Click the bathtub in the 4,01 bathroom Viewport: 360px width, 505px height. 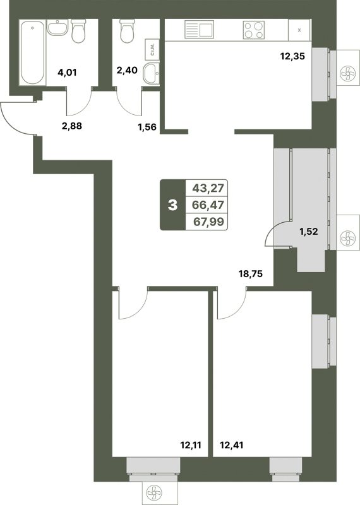32,52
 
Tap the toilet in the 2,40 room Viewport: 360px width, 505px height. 127,31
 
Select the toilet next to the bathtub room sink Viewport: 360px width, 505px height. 78,31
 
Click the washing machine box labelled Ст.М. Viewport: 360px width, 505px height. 152,50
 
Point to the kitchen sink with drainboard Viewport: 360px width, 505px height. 199,29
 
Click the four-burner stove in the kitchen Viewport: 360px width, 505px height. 254,30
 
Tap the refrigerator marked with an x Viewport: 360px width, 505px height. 299,30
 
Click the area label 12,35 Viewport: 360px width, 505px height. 292,57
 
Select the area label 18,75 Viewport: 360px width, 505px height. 250,274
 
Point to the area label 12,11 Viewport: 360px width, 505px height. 191,446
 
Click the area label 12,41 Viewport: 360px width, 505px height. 231,446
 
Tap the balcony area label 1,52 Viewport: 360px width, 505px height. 309,231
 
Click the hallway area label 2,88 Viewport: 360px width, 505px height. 72,126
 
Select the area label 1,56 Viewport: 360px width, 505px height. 147,128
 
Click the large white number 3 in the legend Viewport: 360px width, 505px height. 173,205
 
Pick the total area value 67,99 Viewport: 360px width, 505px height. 208,222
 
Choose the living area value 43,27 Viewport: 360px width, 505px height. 208,187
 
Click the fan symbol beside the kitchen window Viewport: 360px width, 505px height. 348,73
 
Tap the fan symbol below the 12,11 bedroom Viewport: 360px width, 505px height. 154,493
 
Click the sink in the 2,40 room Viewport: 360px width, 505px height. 151,73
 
